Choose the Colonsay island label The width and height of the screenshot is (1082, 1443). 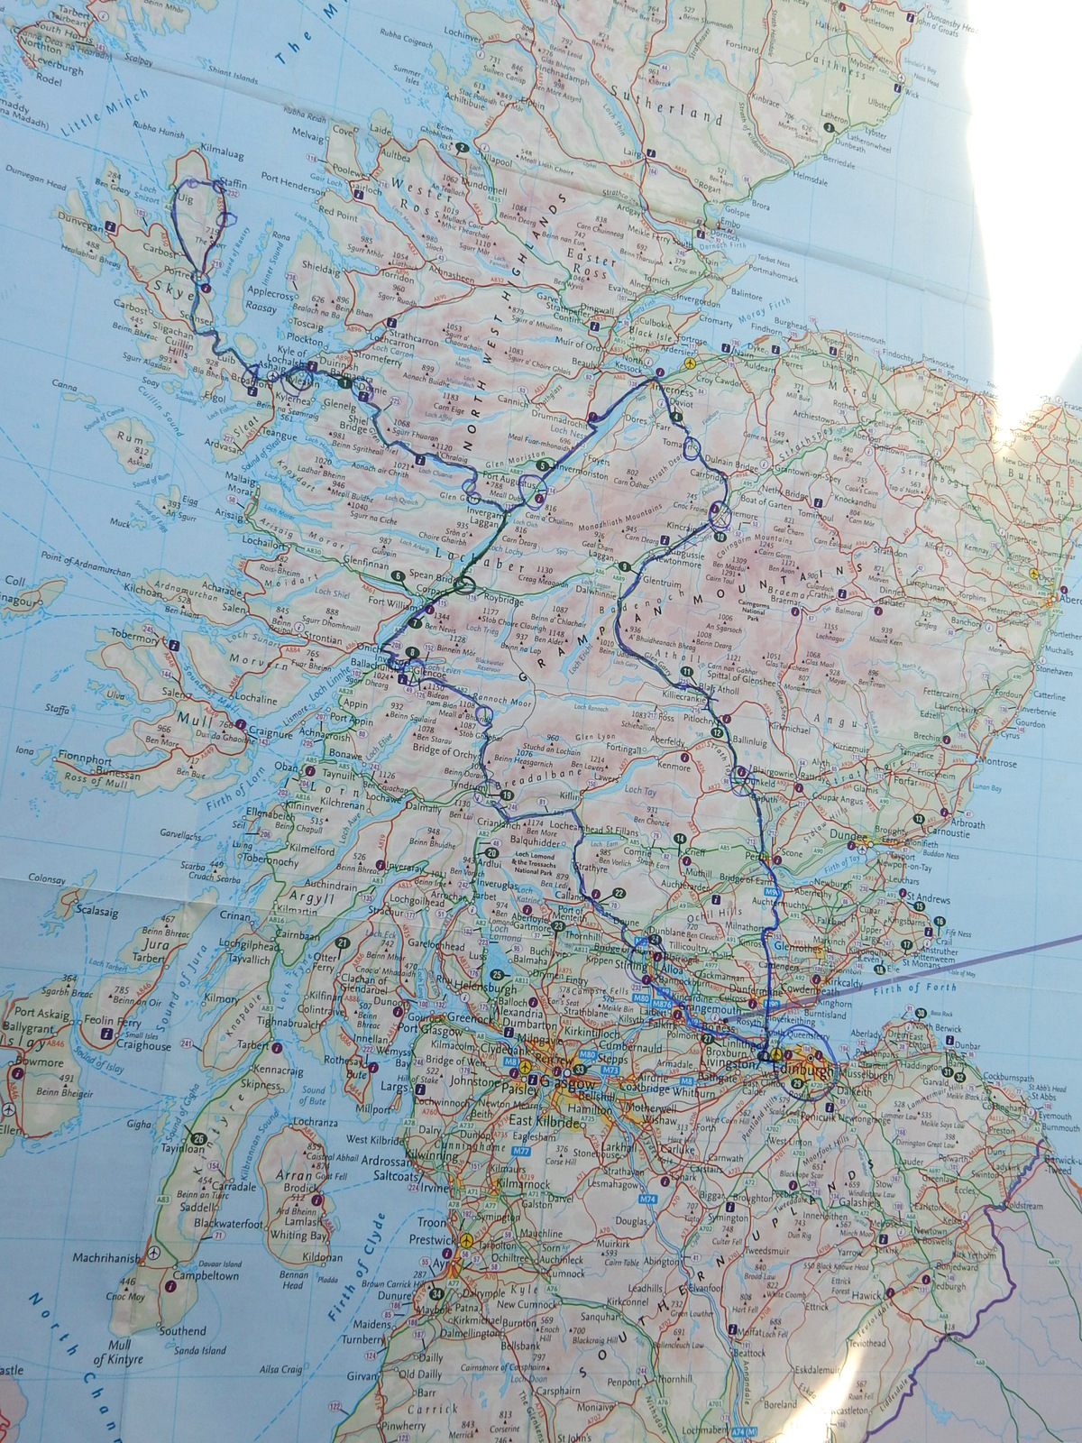click(48, 877)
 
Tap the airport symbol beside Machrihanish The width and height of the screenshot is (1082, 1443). click(154, 1253)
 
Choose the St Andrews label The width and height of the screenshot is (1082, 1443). click(929, 898)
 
